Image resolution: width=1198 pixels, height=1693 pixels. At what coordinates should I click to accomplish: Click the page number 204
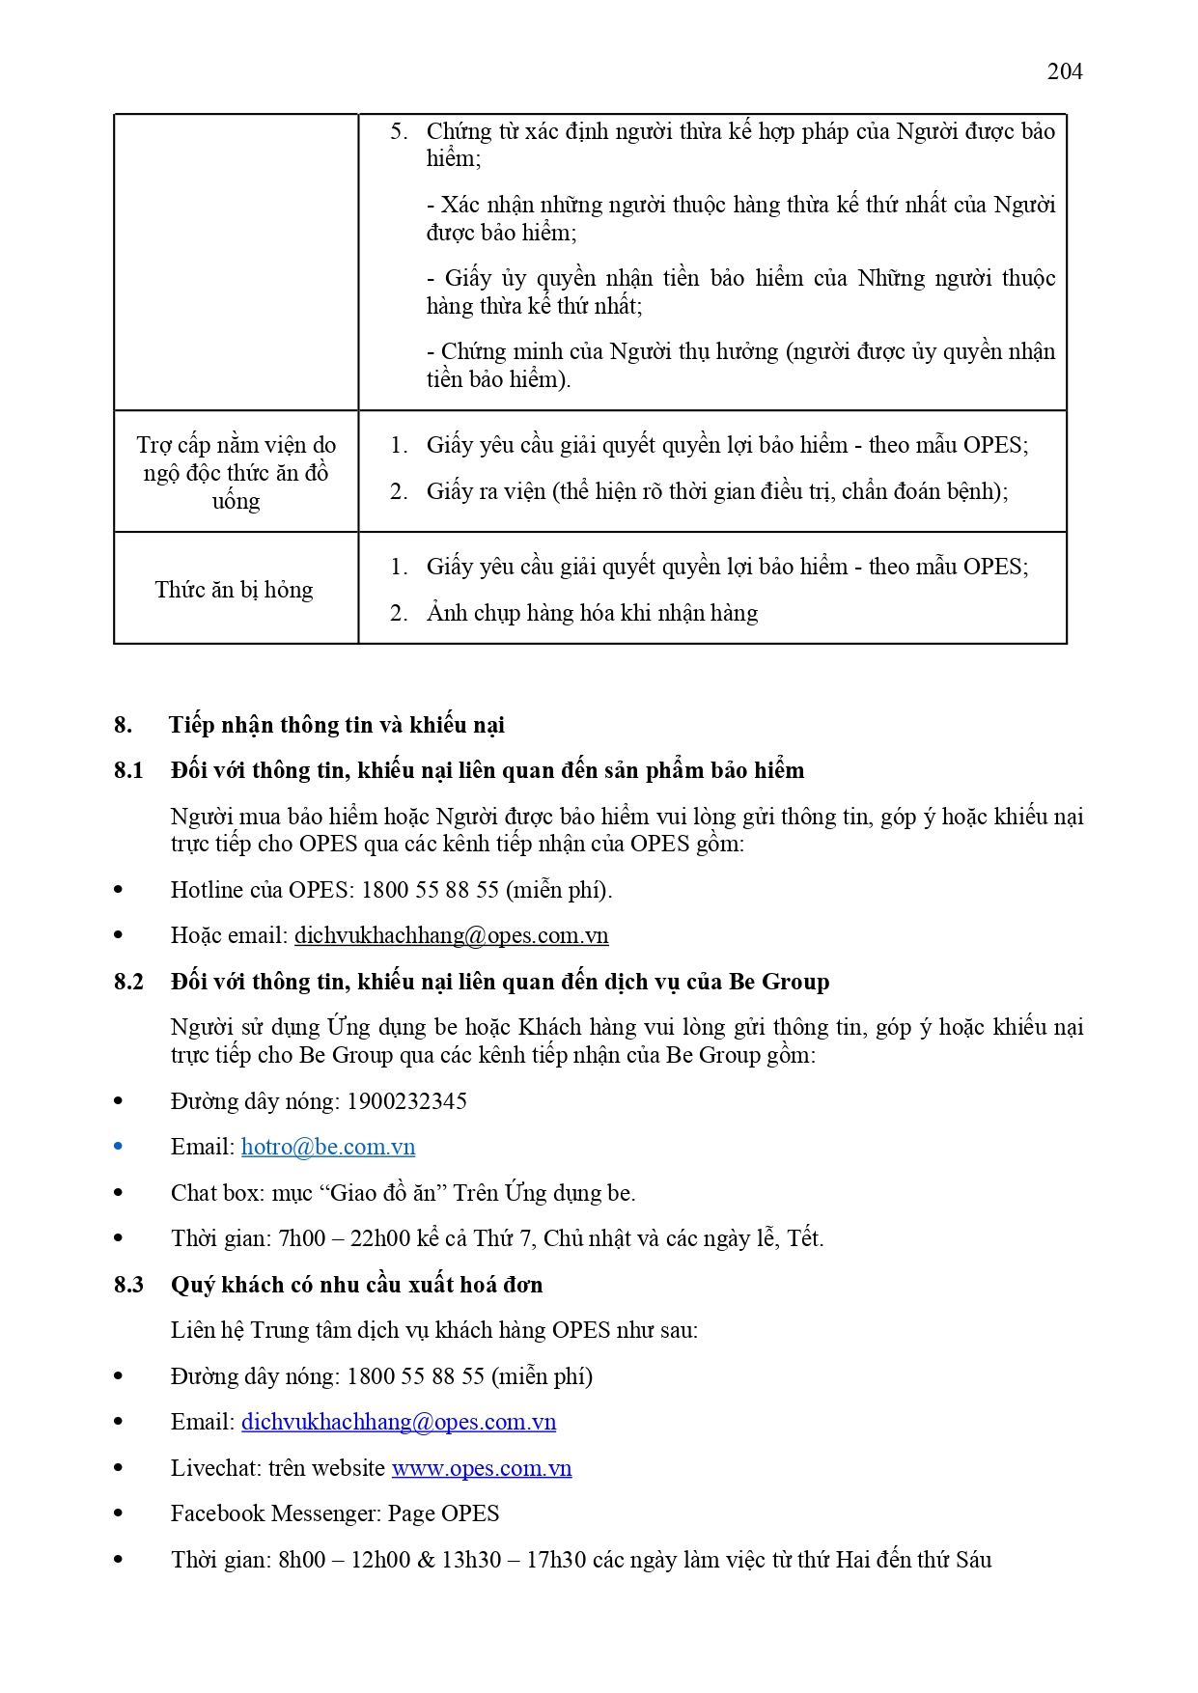1064,71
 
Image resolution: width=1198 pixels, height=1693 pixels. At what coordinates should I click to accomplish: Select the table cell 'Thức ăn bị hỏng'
235,590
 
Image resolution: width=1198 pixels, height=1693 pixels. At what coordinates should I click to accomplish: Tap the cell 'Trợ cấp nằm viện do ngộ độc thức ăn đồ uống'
237,473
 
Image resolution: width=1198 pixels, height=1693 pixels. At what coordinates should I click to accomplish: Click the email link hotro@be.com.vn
328,1147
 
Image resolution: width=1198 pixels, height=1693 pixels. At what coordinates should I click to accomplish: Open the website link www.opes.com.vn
481,1468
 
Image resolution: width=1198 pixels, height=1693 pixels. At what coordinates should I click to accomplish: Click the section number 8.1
128,770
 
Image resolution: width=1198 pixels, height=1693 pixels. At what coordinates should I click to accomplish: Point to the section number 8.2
128,982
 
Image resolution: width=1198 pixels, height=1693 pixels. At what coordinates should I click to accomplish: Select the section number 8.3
128,1285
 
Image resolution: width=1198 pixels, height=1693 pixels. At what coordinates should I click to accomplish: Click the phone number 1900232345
406,1101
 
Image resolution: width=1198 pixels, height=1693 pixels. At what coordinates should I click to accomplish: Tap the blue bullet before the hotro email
119,1147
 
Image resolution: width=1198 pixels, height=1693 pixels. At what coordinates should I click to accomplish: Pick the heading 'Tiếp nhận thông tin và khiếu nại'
337,725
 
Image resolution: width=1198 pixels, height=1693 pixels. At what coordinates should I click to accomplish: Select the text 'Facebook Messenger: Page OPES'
335,1513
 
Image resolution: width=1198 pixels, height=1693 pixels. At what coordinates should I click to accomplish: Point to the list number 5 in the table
398,131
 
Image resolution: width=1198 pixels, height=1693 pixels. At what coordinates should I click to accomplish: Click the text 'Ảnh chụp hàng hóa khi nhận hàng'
592,613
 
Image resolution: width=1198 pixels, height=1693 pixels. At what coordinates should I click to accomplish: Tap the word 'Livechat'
213,1468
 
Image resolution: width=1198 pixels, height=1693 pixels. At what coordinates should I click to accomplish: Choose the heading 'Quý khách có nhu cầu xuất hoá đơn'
356,1285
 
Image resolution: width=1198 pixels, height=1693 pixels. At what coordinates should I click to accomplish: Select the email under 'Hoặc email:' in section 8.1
451,935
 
